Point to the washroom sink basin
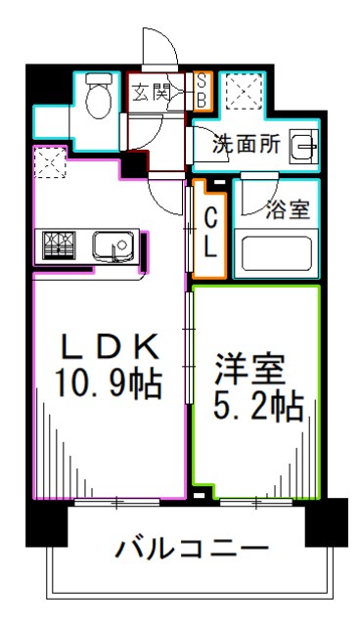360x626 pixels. click(x=304, y=147)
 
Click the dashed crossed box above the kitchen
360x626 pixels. click(x=49, y=161)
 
